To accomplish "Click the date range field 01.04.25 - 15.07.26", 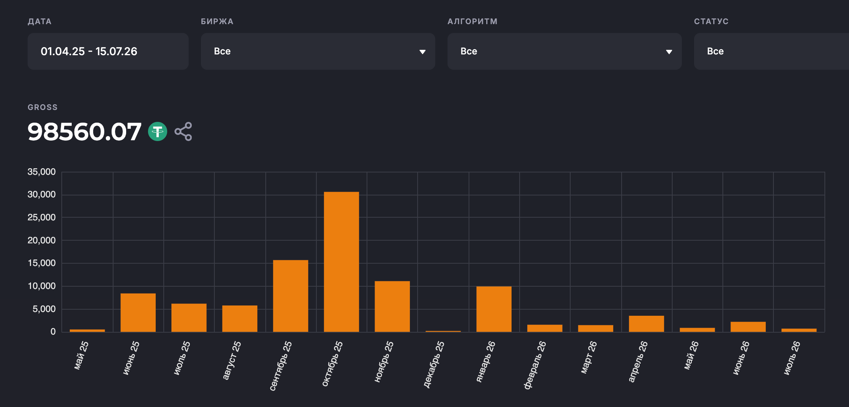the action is click(108, 51).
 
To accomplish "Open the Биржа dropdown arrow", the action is click(422, 52).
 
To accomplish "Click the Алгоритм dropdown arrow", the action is click(669, 52).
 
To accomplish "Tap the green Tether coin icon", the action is click(158, 131).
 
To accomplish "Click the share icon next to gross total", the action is click(183, 131).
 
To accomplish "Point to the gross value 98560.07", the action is click(84, 131).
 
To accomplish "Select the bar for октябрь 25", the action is click(341, 262).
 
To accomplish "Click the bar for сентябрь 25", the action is click(291, 296).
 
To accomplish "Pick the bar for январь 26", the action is click(494, 309).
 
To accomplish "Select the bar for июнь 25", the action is click(138, 312).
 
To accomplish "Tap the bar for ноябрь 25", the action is click(392, 306).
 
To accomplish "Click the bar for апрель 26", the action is click(647, 323).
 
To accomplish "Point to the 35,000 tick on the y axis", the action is click(41, 172).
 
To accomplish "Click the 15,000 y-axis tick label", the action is click(41, 263).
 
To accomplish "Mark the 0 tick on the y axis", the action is click(53, 332).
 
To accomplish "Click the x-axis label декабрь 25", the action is click(434, 364).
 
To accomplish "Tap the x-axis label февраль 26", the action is click(535, 365).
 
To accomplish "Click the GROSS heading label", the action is click(43, 107).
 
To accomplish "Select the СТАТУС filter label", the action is click(711, 21).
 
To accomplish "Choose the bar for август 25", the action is click(240, 318).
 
